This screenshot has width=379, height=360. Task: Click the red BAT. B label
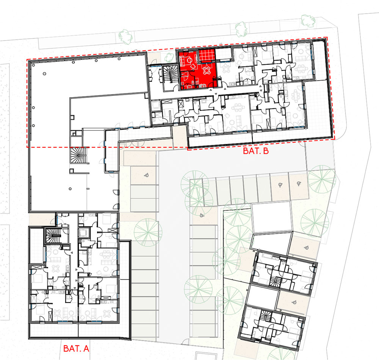[x=256, y=151]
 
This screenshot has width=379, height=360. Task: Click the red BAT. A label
[x=76, y=348]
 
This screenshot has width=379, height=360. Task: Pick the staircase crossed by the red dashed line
[x=78, y=155]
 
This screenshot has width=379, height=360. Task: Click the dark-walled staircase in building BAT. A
[x=53, y=235]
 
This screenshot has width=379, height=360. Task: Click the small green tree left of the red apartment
[x=169, y=57]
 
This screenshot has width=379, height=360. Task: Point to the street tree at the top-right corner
[x=308, y=20]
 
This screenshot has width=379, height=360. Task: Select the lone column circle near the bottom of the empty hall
[x=70, y=189]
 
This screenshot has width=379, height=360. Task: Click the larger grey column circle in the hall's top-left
[x=44, y=74]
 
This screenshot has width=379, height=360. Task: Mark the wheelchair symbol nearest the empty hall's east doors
[x=146, y=176]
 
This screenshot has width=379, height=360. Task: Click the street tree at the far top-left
[x=126, y=37]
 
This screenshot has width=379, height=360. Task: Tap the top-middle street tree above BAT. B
[x=241, y=29]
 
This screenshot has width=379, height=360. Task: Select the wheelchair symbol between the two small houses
[x=294, y=302]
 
